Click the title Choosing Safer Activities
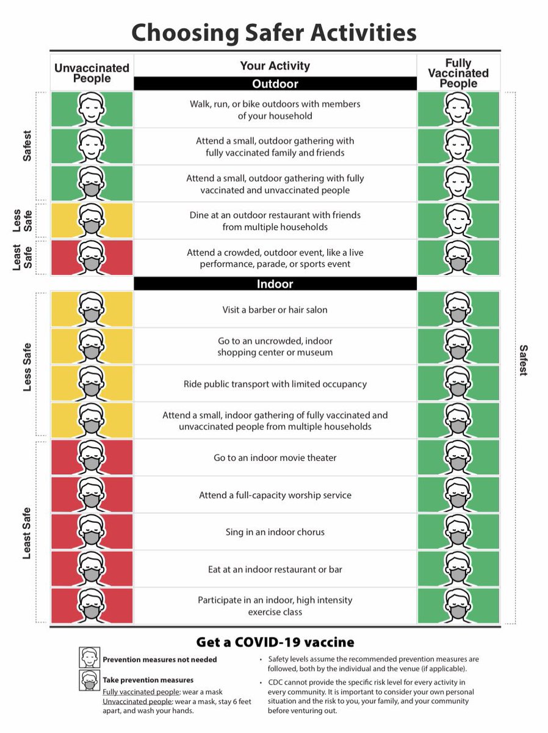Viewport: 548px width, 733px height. pos(274,33)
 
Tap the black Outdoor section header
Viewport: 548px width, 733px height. pos(275,84)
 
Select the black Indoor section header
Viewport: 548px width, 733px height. pos(275,283)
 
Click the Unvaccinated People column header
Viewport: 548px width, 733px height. pos(92,73)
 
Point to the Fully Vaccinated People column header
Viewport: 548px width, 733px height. pos(458,73)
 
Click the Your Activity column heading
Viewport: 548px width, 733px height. pos(275,66)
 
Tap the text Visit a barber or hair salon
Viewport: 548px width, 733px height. pos(275,310)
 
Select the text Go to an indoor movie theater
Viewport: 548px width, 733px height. pos(275,458)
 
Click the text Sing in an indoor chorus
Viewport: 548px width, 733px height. pos(275,532)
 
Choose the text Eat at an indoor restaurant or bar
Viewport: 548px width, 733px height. pos(275,569)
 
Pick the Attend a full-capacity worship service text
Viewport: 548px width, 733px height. pos(275,495)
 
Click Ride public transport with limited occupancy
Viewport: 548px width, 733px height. pos(275,384)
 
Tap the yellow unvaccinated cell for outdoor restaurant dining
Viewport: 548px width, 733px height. pos(92,221)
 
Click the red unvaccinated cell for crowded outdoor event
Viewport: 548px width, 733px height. pos(92,258)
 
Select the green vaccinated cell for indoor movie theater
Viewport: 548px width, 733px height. pos(458,458)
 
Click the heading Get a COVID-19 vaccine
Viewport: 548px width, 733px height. pos(275,642)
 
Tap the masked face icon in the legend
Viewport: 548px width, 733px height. pos(89,680)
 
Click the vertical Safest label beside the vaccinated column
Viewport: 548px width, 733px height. pos(523,360)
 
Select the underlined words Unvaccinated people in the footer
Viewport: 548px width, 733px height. pos(137,702)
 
